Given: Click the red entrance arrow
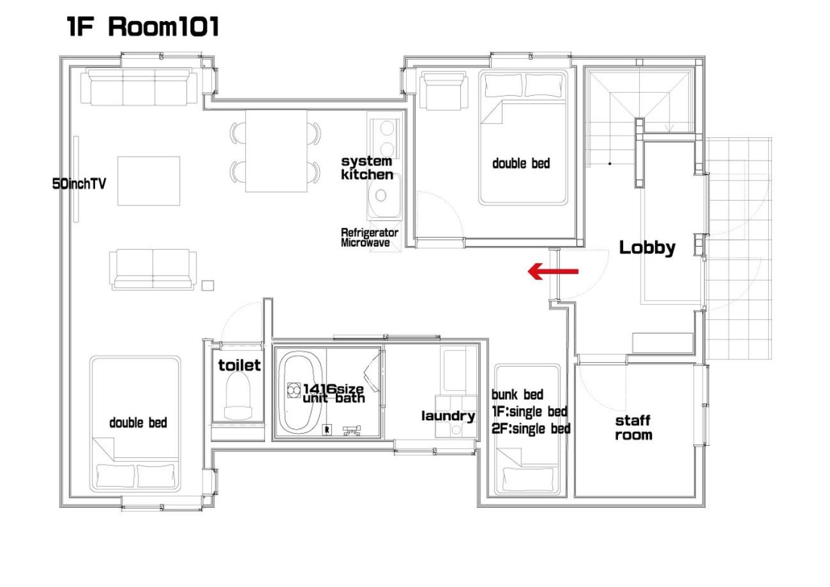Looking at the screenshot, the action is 553,271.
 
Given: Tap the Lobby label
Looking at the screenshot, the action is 647,248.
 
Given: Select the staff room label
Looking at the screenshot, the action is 633,427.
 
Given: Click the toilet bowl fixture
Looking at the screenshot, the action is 238,395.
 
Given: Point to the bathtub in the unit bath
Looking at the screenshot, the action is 299,392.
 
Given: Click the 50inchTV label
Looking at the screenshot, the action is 79,184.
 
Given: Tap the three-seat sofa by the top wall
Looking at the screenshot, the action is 139,88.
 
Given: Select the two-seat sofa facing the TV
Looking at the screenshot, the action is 153,270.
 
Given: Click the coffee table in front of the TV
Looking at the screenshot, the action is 149,181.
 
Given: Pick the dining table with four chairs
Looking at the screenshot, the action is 276,151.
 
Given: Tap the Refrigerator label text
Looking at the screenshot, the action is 370,233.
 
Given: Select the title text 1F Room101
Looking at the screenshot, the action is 143,27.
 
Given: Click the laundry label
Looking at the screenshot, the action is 448,416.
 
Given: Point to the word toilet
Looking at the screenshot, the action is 239,365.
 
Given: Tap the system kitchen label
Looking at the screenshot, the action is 367,168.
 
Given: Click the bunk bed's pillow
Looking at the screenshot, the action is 529,479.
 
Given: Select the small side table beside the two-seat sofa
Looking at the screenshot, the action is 207,286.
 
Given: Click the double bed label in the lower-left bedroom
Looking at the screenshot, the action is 138,422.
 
